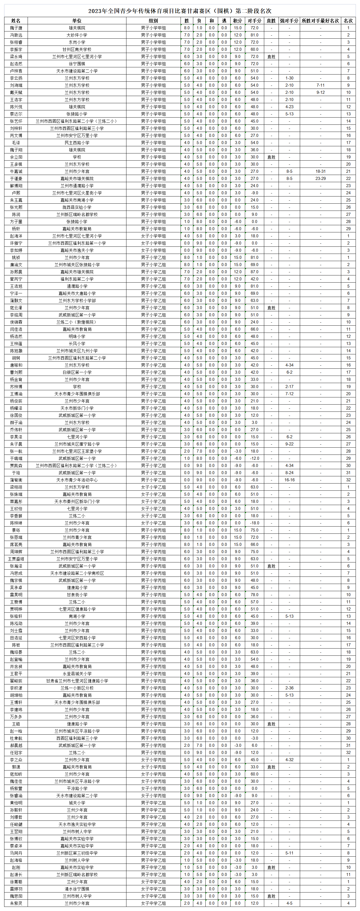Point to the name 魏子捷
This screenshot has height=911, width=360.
[x=16, y=28]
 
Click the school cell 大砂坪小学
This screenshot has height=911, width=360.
[x=77, y=35]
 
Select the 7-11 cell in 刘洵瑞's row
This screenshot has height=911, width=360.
[x=321, y=85]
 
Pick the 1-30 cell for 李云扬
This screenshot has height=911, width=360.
[x=289, y=78]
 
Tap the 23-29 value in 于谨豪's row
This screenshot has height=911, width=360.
[x=321, y=179]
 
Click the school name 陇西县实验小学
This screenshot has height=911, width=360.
[x=77, y=207]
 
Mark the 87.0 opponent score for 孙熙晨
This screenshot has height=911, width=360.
[x=254, y=272]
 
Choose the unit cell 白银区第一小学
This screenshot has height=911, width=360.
[x=77, y=372]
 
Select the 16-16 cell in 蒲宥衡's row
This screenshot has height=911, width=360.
[x=289, y=480]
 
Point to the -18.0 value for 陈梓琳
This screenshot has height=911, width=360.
[x=254, y=523]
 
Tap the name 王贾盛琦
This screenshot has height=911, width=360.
[x=16, y=559]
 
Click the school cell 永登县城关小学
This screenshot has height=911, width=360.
[x=77, y=674]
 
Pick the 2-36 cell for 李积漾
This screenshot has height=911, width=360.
[x=289, y=688]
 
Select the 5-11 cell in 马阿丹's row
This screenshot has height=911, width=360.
[x=289, y=853]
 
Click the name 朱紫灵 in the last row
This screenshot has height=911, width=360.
[x=16, y=903]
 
